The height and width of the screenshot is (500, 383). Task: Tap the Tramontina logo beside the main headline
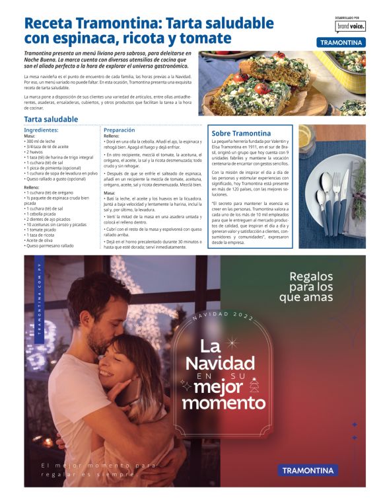click(341, 42)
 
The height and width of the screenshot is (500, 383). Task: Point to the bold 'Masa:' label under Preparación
click(110, 193)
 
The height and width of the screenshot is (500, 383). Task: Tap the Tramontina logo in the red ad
click(308, 471)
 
